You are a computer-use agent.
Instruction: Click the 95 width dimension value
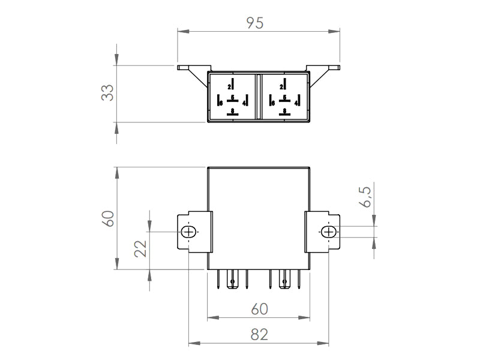256,22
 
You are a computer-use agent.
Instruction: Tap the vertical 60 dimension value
107,218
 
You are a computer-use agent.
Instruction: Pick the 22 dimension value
140,247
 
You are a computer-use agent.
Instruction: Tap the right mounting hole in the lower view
329,232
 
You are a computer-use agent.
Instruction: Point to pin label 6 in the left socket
221,103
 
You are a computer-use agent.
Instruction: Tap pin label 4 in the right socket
296,103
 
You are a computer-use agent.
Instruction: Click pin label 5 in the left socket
233,97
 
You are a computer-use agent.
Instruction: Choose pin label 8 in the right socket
284,110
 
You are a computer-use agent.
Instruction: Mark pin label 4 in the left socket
244,103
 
